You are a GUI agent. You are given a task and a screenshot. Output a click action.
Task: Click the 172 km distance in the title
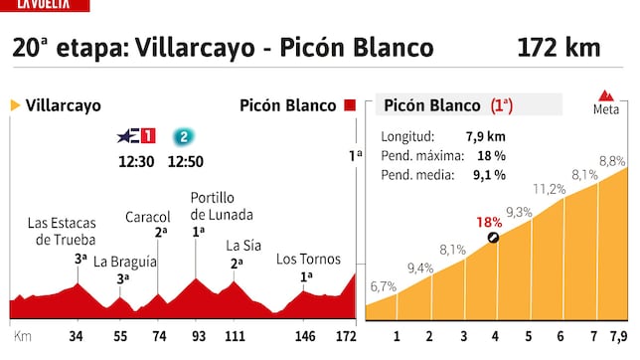click(x=559, y=48)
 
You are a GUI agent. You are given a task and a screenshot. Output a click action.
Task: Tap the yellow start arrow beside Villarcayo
click(x=15, y=104)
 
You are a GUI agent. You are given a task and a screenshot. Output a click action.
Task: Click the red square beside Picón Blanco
click(x=350, y=104)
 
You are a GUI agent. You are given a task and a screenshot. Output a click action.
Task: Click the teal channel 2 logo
click(x=182, y=136)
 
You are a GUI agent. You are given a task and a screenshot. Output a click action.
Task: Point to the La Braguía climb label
click(x=125, y=262)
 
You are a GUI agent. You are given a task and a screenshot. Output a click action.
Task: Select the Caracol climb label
click(x=148, y=217)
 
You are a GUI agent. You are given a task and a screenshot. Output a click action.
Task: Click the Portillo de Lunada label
click(x=221, y=206)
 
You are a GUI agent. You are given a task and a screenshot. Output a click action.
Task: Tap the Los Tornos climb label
click(x=302, y=260)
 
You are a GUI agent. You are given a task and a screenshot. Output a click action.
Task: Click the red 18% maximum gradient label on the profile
click(x=488, y=222)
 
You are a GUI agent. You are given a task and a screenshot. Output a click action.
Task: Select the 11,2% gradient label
click(x=549, y=189)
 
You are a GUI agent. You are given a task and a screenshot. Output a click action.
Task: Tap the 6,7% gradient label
click(x=384, y=286)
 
